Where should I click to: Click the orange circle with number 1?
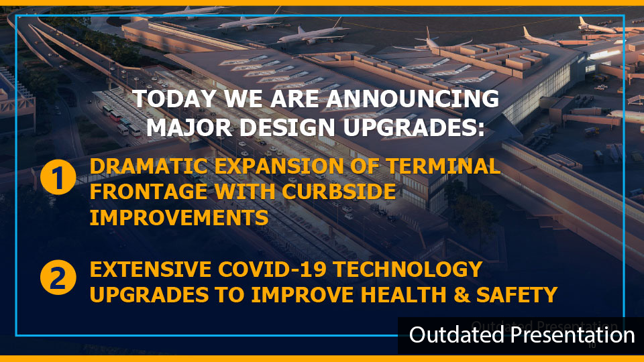[x=58, y=177]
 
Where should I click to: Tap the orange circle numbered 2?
[x=58, y=278]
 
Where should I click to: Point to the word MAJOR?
[x=190, y=127]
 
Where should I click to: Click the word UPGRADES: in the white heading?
[x=414, y=127]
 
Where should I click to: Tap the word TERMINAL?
[x=443, y=166]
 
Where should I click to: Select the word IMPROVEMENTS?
[x=179, y=217]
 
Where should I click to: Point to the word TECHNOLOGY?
[x=407, y=269]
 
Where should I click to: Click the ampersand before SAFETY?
[x=462, y=295]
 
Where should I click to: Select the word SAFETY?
[x=517, y=295]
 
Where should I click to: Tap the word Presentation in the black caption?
[x=573, y=335]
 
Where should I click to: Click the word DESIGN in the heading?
[x=288, y=127]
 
